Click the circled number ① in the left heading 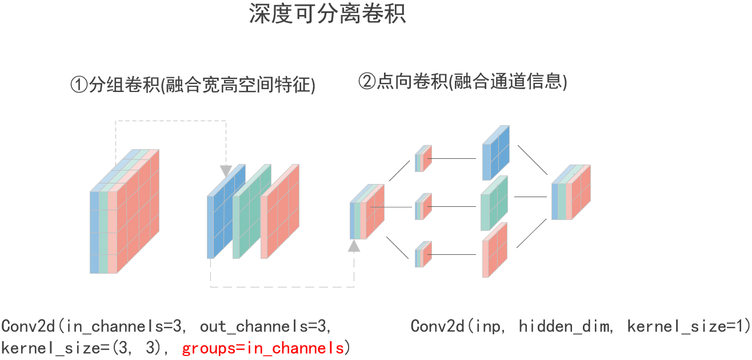coord(79,85)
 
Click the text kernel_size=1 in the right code coord(689,327)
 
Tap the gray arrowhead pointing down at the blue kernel coord(226,170)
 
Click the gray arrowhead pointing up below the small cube coord(355,246)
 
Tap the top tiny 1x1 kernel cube coord(423,158)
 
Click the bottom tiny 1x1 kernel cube coord(423,254)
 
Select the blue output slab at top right coord(495,151)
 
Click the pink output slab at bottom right coord(494,250)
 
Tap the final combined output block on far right coord(570,193)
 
